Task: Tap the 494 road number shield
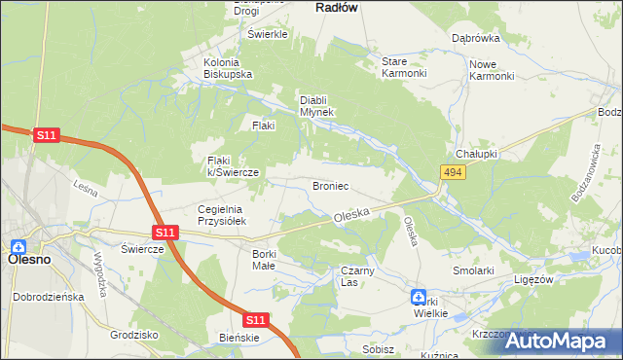pyautogui.click(x=451, y=172)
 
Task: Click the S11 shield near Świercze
pyautogui.click(x=165, y=233)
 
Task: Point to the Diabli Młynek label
pyautogui.click(x=316, y=106)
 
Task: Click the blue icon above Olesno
pyautogui.click(x=18, y=247)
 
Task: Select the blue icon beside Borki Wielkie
pyautogui.click(x=418, y=297)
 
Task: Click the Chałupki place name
pyautogui.click(x=477, y=155)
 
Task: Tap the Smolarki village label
pyautogui.click(x=474, y=270)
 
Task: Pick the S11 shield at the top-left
pyautogui.click(x=46, y=136)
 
